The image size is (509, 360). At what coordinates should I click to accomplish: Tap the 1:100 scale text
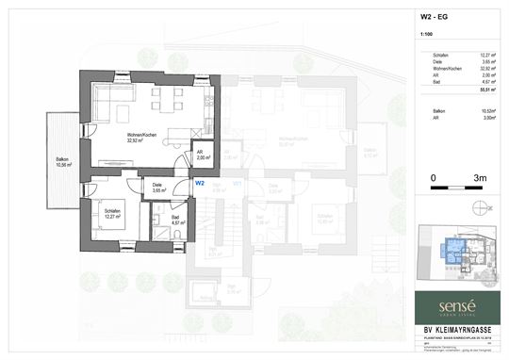coord(426,37)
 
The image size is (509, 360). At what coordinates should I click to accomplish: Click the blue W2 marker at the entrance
coord(200,184)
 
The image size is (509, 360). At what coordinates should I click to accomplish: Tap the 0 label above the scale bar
coord(433,177)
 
